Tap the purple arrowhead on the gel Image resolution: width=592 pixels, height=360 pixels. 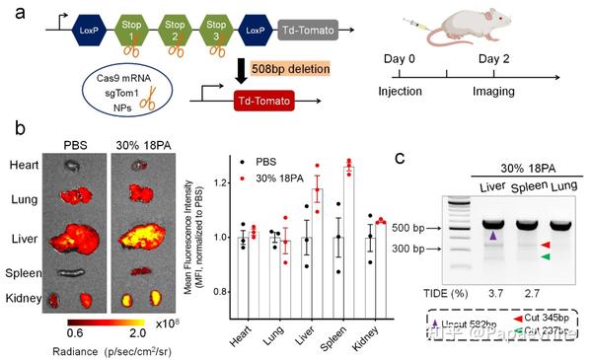[491, 235]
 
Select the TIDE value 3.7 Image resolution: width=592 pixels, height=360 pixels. [489, 295]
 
